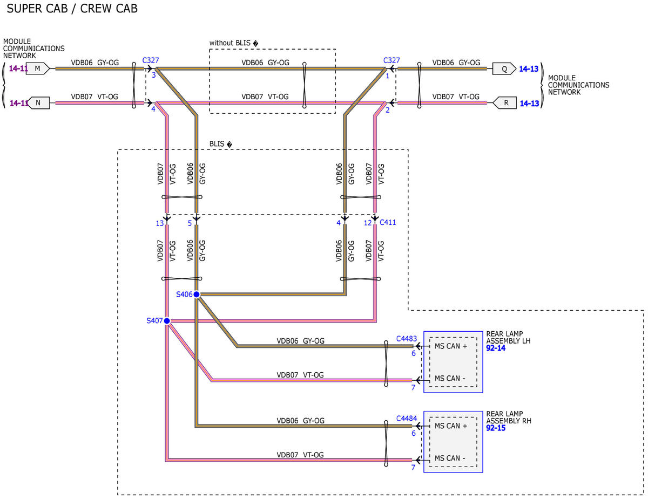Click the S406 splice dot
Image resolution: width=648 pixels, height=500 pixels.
[197, 294]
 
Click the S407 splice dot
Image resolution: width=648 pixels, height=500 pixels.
[167, 321]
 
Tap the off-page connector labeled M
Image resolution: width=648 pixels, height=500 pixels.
[38, 69]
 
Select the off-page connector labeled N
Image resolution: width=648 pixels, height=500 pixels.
[38, 102]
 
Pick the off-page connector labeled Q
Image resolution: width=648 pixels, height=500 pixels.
[504, 69]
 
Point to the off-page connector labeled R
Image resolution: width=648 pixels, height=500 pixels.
[504, 102]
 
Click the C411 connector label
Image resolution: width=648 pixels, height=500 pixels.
[388, 222]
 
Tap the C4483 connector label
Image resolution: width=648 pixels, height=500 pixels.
[407, 339]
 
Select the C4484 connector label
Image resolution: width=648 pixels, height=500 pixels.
[407, 419]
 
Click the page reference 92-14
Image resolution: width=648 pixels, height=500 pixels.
[496, 348]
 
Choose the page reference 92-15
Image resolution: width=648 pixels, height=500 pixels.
[496, 428]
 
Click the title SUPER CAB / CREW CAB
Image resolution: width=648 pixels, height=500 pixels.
[72, 8]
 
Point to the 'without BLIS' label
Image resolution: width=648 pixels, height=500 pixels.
[230, 43]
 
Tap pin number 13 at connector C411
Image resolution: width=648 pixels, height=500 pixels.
[160, 223]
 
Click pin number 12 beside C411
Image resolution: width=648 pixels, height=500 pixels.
[368, 223]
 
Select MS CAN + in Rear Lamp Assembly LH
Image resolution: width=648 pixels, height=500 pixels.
[450, 346]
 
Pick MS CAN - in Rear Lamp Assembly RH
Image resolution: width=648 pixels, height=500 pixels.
[450, 458]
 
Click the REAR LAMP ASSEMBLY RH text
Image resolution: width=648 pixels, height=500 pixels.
[509, 417]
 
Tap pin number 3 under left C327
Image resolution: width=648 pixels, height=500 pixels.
[153, 75]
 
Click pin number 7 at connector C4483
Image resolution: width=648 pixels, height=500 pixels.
[413, 387]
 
